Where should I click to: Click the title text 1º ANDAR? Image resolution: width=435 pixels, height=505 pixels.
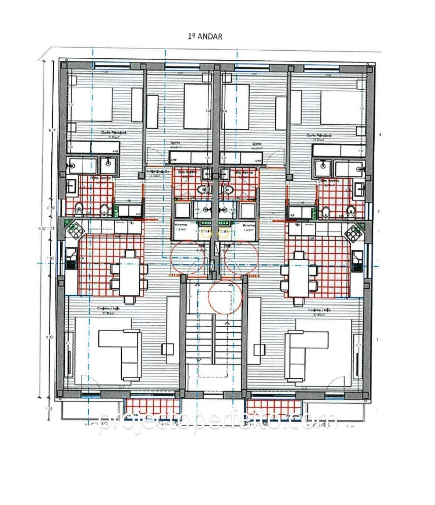(205, 37)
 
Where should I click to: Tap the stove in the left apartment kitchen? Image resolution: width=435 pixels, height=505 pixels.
(75, 231)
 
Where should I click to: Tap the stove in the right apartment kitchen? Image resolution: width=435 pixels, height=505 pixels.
(354, 233)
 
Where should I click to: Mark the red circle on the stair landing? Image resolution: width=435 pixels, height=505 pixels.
(225, 297)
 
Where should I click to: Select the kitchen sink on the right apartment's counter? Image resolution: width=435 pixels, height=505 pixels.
(357, 260)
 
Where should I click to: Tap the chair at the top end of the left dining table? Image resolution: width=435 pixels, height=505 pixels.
(130, 254)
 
